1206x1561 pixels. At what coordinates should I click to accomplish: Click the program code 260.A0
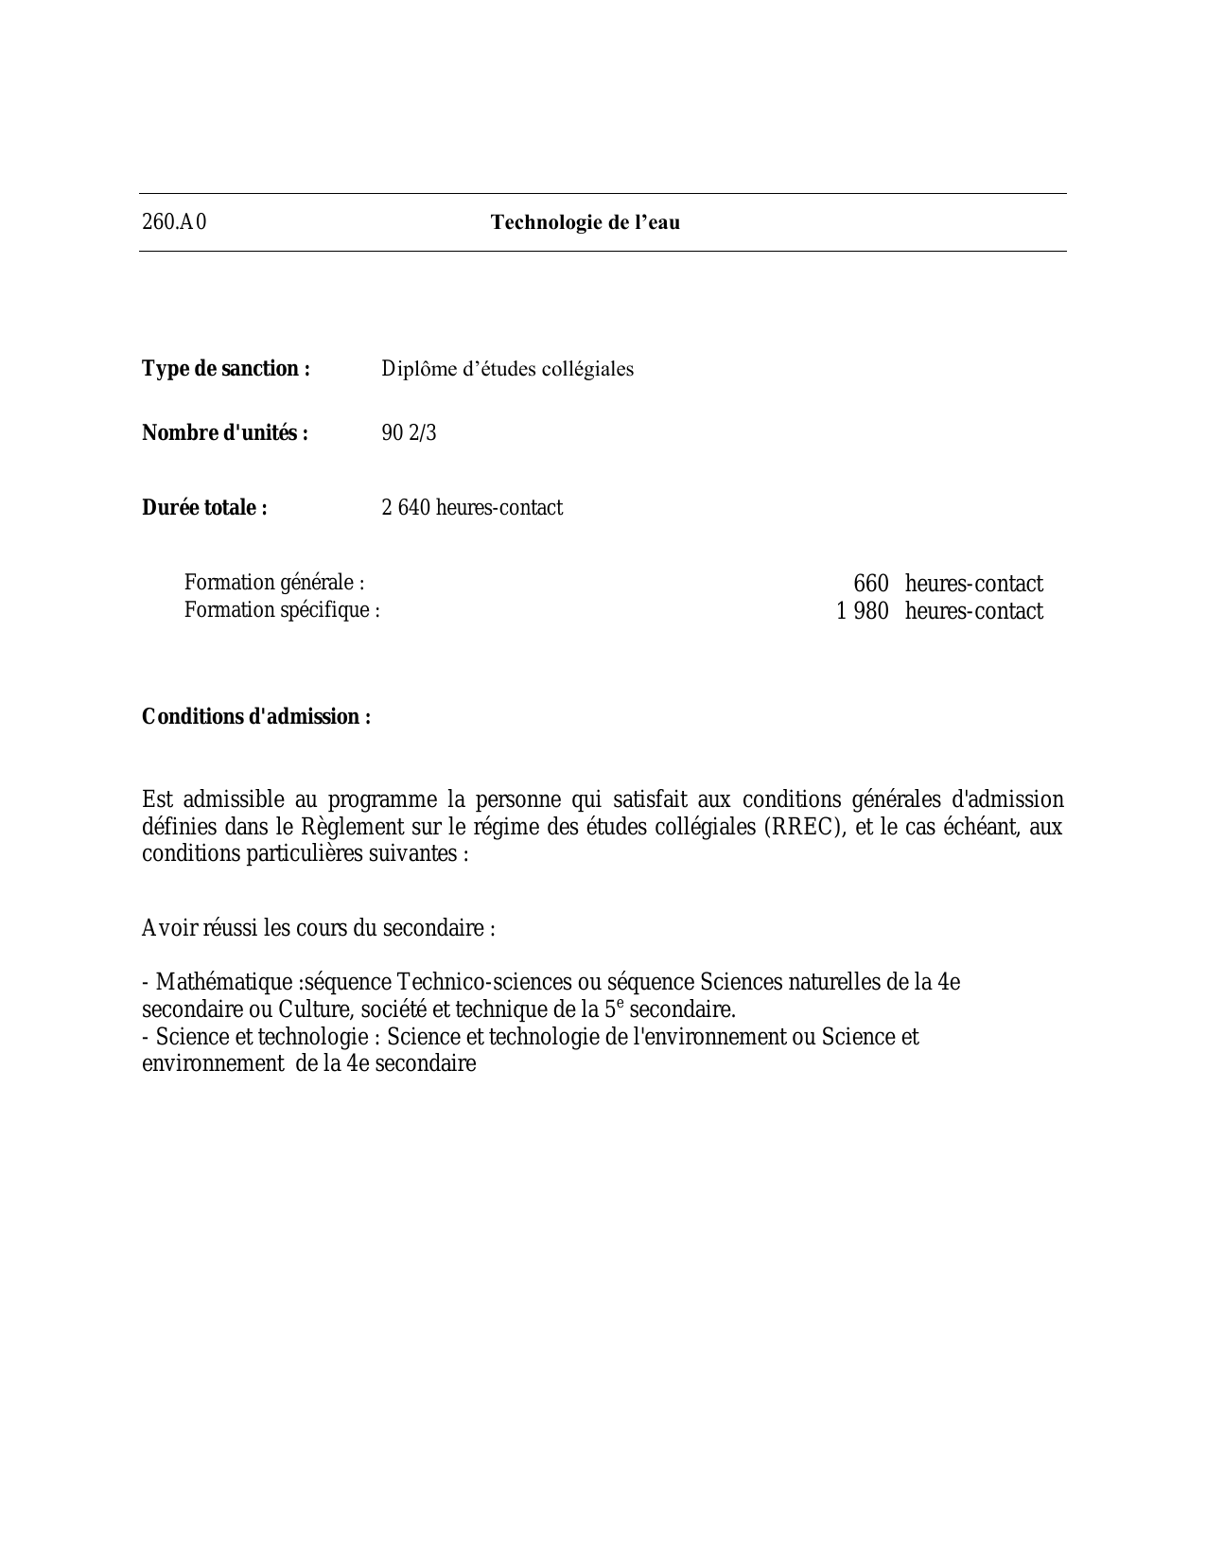point(174,222)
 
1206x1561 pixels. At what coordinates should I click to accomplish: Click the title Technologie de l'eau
point(585,222)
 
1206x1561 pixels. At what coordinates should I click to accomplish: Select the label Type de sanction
point(226,368)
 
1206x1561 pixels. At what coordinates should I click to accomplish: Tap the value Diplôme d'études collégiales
point(507,368)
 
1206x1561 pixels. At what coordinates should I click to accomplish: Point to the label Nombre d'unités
point(225,432)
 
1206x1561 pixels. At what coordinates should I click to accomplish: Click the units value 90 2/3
point(409,432)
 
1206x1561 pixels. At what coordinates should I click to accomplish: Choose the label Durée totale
point(204,507)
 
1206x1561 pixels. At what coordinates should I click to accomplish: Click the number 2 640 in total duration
point(406,507)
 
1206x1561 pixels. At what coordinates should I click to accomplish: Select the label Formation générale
point(274,582)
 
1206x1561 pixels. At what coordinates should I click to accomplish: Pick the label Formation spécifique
point(282,609)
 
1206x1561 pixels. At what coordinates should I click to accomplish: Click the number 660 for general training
point(871,584)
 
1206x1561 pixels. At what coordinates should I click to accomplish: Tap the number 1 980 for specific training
point(863,611)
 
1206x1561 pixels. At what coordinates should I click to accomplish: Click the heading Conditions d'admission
point(256,716)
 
